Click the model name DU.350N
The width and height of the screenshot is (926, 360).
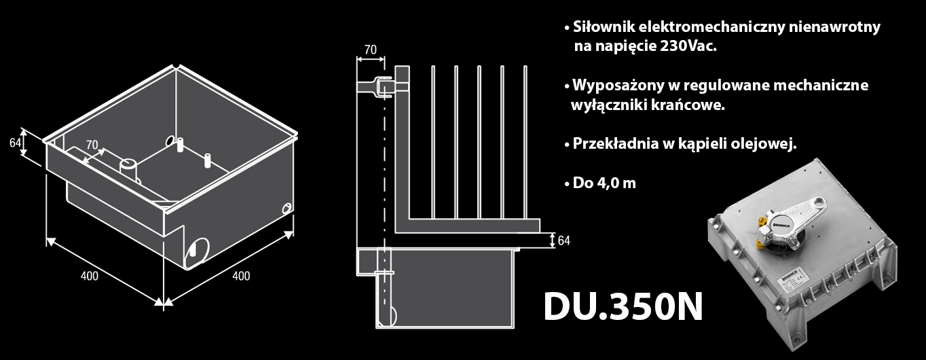(x=623, y=308)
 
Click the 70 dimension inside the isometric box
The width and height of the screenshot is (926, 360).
(x=93, y=145)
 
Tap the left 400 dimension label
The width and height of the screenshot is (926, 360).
(x=89, y=276)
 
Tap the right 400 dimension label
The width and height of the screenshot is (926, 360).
(x=241, y=276)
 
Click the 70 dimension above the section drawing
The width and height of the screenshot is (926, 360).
(x=370, y=50)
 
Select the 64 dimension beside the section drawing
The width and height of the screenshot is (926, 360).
(x=563, y=240)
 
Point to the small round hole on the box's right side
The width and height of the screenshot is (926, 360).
(x=287, y=207)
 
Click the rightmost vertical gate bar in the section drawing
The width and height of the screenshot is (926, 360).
(x=525, y=142)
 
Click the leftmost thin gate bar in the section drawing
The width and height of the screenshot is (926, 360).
(x=433, y=142)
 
